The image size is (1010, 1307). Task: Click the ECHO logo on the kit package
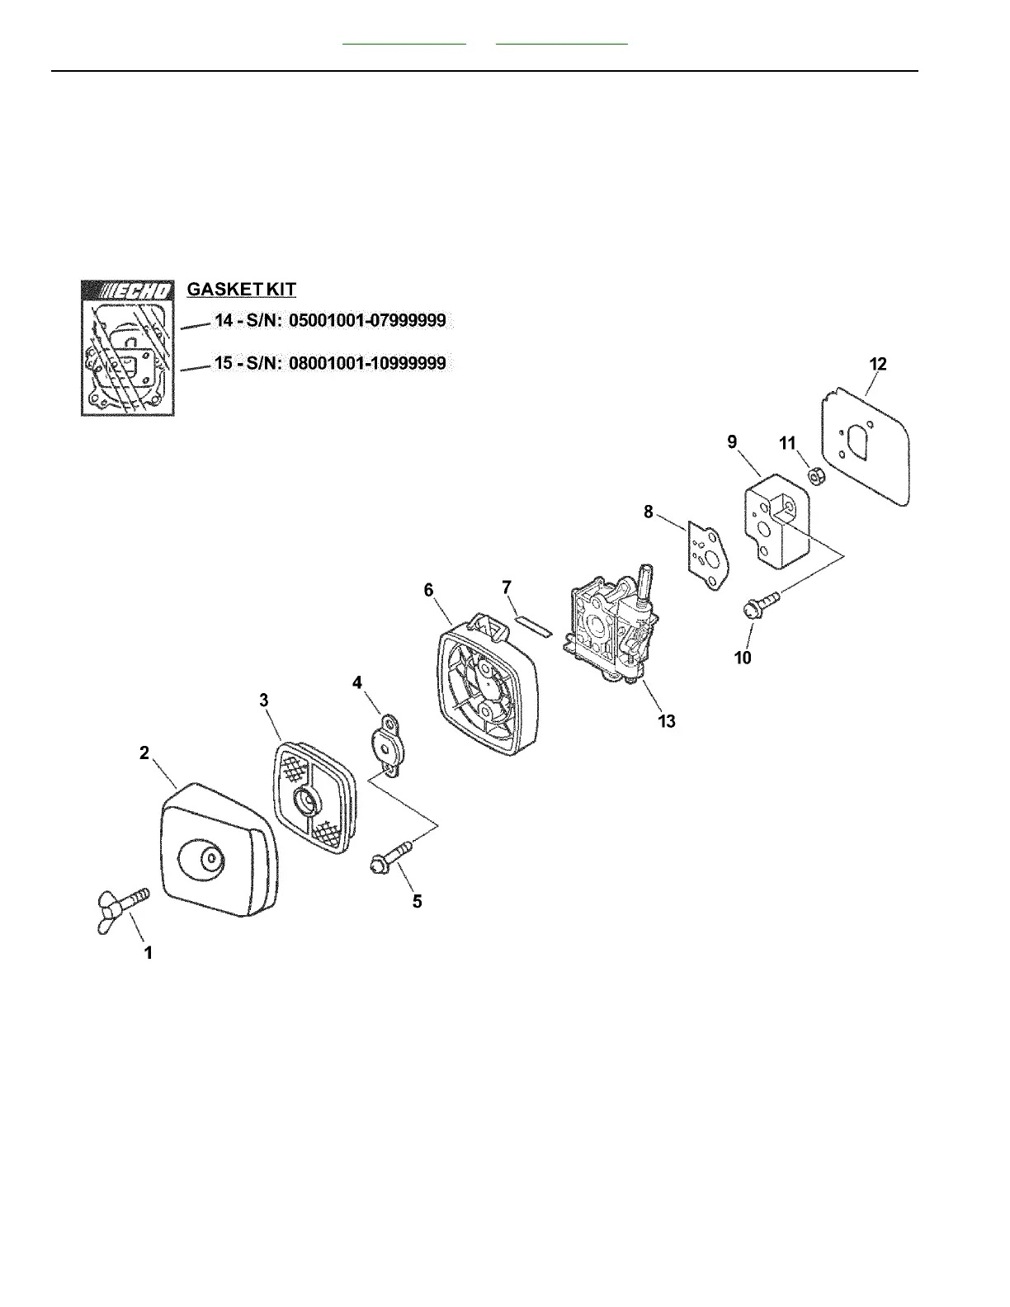pos(128,290)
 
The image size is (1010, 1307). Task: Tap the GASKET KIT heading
pos(242,290)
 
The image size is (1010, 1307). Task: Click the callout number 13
pos(666,721)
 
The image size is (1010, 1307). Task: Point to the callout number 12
pos(877,364)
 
